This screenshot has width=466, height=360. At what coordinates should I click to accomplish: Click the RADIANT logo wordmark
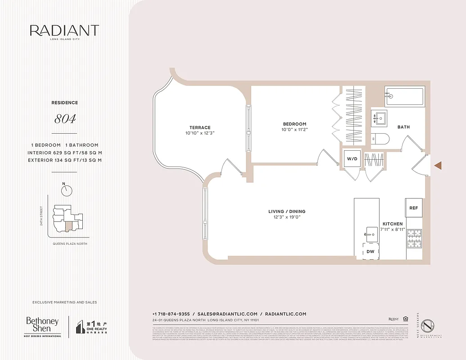pyautogui.click(x=64, y=31)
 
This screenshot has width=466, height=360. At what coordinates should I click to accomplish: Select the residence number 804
pyautogui.click(x=65, y=119)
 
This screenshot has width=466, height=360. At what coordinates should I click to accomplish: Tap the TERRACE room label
pyautogui.click(x=200, y=127)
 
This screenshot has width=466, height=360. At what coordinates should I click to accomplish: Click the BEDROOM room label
pyautogui.click(x=294, y=124)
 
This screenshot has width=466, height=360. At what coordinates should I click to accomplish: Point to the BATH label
pyautogui.click(x=403, y=127)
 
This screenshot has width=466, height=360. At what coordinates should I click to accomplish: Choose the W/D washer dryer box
pyautogui.click(x=351, y=158)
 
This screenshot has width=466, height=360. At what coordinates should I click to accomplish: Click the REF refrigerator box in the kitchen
pyautogui.click(x=413, y=208)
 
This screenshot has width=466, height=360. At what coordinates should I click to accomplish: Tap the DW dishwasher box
pyautogui.click(x=371, y=252)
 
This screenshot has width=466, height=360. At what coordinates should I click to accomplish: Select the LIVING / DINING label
pyautogui.click(x=287, y=211)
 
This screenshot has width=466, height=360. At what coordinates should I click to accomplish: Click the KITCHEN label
pyautogui.click(x=393, y=224)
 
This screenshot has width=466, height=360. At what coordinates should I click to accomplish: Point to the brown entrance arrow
pyautogui.click(x=438, y=166)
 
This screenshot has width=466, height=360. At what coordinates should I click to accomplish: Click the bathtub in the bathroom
pyautogui.click(x=404, y=96)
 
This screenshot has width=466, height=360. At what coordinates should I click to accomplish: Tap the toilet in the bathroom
pyautogui.click(x=380, y=139)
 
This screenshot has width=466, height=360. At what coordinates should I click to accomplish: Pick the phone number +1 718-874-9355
pyautogui.click(x=171, y=314)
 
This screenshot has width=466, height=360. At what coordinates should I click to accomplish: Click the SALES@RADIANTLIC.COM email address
pyautogui.click(x=227, y=314)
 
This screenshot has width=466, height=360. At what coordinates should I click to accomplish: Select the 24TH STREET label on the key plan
pyautogui.click(x=41, y=216)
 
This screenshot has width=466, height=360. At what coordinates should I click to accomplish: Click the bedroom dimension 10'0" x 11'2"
pyautogui.click(x=294, y=130)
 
